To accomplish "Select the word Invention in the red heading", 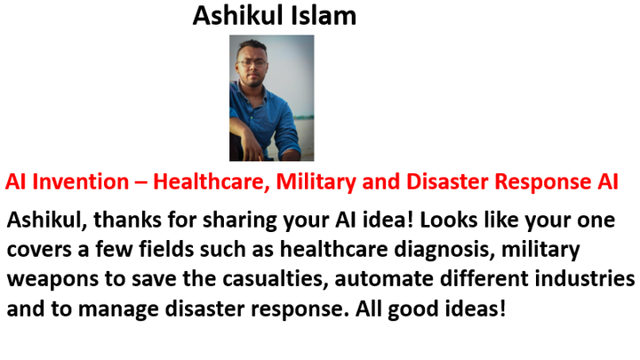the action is [x=80, y=181].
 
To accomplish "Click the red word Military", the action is [x=316, y=182].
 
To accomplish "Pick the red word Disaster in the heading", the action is [x=447, y=181].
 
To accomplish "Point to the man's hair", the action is [x=252, y=45].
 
